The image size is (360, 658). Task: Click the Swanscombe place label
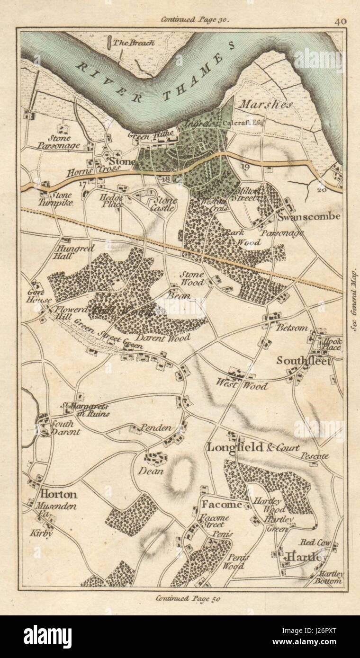310,217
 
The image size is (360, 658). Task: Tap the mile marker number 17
83,184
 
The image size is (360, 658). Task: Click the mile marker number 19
244,167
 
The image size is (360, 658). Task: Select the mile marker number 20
323,189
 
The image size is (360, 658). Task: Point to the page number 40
340,21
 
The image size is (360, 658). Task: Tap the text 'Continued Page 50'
188,597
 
